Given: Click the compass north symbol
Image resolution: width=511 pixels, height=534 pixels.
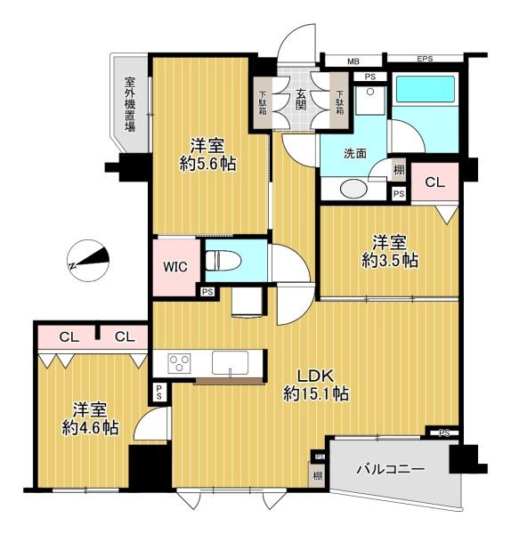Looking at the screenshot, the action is tap(88, 261).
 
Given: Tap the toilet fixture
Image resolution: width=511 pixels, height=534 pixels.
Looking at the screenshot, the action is tap(223, 261).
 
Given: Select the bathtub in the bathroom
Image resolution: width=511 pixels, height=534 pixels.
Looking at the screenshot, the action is tap(425, 88).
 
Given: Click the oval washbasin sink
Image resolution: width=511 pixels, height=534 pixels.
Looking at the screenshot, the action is tap(354, 189).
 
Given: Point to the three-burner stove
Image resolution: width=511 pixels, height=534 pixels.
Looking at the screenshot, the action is tap(179, 364).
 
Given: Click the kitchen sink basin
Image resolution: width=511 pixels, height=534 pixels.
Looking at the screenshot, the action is tap(230, 362).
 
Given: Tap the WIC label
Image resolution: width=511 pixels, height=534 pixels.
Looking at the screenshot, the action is tap(175, 267).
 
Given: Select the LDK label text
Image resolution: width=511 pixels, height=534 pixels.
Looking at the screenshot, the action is tap(315, 376).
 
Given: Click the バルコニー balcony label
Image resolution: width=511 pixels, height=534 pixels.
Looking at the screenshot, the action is tap(391, 469).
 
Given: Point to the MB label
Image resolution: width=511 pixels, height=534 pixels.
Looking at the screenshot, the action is tap(353, 61).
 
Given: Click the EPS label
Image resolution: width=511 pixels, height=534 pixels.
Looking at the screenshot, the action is tap(425, 59).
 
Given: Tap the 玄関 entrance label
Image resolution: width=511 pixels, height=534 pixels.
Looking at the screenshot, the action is tap(301, 100).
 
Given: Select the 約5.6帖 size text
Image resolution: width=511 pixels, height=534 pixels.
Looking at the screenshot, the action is tap(207, 164).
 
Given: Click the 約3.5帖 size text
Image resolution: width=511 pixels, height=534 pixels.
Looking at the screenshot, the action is tap(390, 261).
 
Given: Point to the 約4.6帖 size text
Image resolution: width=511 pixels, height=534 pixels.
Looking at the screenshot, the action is tap(90, 427).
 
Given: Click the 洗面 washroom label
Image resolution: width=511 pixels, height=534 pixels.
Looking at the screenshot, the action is tap(355, 154).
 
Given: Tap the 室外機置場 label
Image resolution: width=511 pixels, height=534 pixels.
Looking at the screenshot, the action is tap(129, 104).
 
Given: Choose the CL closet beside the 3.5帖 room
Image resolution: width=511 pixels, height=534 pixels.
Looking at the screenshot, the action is tap(434, 182).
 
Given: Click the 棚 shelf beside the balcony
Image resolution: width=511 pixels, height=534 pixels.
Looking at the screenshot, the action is tap(318, 475).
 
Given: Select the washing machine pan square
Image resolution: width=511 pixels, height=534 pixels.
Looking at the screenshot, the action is tap(370, 101).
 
